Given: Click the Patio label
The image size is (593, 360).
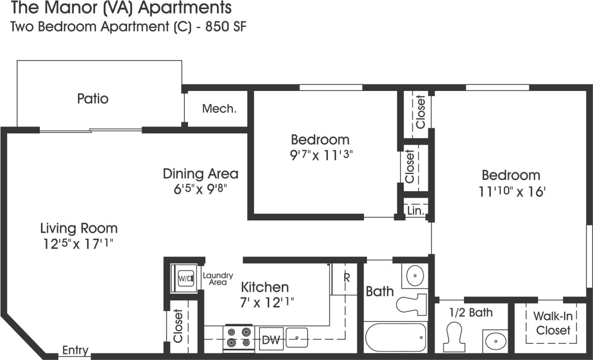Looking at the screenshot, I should pos(93,99).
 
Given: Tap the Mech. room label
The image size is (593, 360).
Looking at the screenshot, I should pos(219,108).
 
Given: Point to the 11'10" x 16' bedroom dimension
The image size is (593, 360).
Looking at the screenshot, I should pos(511,192).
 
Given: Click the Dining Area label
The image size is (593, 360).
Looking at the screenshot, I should pos(200,174).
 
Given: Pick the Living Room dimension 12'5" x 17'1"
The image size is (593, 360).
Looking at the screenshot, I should pos(78,244).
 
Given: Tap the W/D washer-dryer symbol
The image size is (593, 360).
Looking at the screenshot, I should pos(183,279).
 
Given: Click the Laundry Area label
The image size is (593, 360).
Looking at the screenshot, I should pos(218,279).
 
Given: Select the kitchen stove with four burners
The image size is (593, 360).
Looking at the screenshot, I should pos(239,337).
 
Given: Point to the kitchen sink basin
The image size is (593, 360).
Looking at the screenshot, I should pos(296,337).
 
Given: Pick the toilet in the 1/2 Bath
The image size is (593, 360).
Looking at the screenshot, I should pos(453,336).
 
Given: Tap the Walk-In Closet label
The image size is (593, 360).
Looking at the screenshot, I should pos(553,323).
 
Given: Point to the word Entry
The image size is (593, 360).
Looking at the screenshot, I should pos(75,350).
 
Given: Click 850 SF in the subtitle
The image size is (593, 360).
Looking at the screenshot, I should pos(226,27).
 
